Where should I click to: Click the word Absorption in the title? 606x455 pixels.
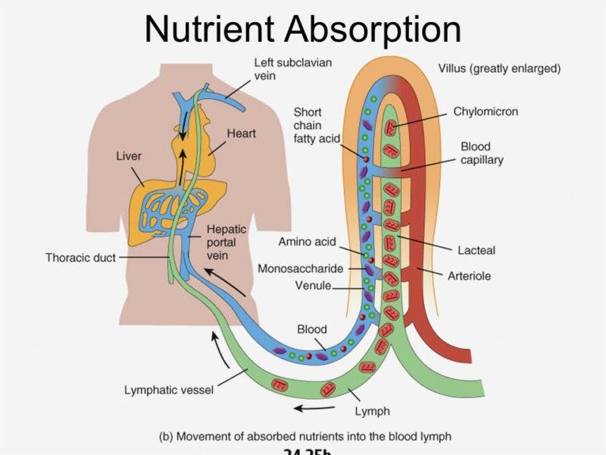373,29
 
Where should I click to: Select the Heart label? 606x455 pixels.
242,133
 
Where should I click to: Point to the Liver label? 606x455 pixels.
129,155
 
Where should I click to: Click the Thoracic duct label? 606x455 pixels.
80,258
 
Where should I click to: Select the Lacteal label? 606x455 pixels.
476,249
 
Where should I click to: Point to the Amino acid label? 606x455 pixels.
307,243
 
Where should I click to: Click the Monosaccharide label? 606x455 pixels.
301,268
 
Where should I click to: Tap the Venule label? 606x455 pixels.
312,286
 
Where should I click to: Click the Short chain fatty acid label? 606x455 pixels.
316,125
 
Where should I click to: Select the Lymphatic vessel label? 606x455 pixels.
169,391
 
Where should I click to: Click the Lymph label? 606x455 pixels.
373,412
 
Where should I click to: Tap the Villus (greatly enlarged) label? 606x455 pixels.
499,68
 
